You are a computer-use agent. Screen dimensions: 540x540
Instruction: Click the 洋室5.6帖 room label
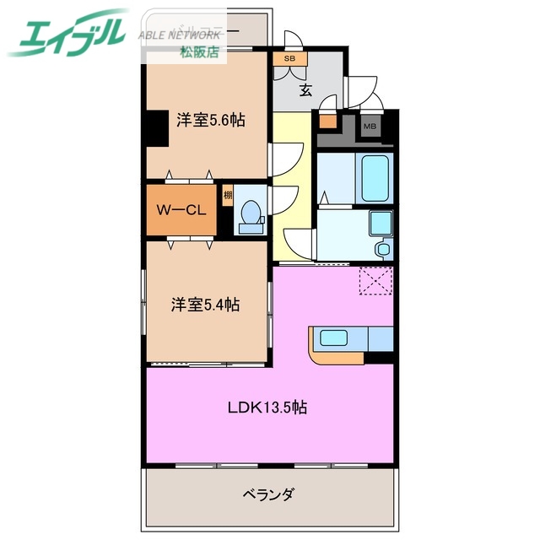[211, 120]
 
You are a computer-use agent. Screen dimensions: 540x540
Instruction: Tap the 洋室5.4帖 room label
[205, 305]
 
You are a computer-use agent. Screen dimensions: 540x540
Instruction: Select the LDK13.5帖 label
[267, 408]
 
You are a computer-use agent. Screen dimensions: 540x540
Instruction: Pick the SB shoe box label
[289, 59]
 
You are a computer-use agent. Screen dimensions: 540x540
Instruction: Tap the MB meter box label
[370, 127]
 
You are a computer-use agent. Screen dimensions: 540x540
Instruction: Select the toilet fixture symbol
[251, 216]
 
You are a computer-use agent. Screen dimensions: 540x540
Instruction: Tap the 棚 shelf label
[228, 197]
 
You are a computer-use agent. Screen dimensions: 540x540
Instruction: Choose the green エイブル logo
[67, 34]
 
